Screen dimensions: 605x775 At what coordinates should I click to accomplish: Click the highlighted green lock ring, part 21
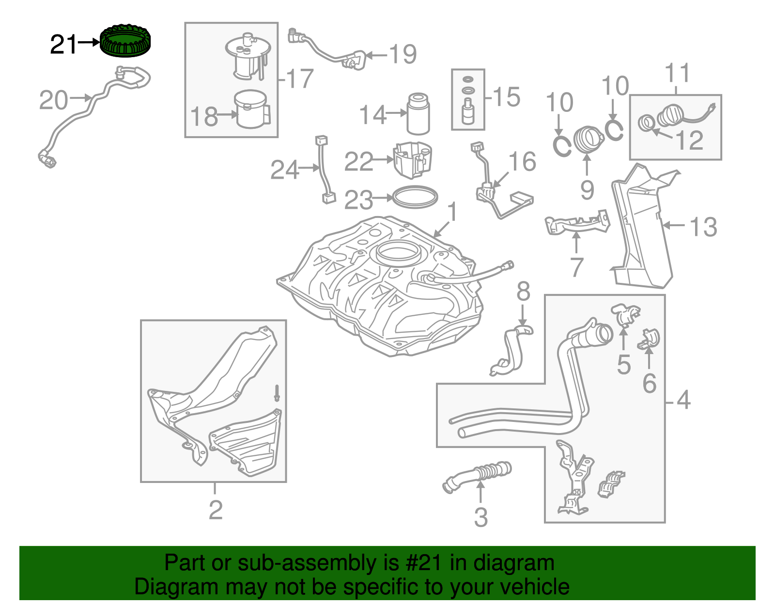pos(125,41)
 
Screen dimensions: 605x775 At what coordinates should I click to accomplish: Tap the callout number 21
pos(63,45)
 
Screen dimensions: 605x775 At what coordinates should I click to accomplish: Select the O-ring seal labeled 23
pos(415,197)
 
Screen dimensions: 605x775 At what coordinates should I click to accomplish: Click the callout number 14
pos(372,115)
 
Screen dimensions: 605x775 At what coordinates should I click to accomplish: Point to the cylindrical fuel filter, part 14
pos(418,114)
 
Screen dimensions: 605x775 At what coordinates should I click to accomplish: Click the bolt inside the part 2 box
pos(277,392)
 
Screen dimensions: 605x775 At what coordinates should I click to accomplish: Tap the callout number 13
pos(703,227)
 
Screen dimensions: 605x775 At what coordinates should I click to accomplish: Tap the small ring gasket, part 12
pos(646,123)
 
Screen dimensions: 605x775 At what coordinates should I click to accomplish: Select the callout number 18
pos(204,117)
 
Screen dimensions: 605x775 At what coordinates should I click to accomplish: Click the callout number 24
pos(284,170)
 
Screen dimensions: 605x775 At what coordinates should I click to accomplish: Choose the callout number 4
pos(683,400)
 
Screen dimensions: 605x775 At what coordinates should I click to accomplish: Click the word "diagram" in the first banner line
pos(513,563)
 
